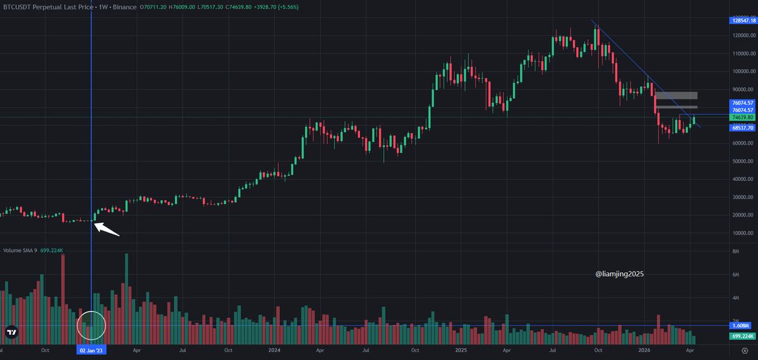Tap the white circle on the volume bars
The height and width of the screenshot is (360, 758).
(x=91, y=326)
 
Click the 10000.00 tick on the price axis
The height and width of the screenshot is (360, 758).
(x=743, y=233)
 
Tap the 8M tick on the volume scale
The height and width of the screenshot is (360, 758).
(x=735, y=251)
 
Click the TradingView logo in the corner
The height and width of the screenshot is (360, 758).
(x=11, y=332)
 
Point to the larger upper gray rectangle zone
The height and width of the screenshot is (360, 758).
(x=676, y=95)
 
